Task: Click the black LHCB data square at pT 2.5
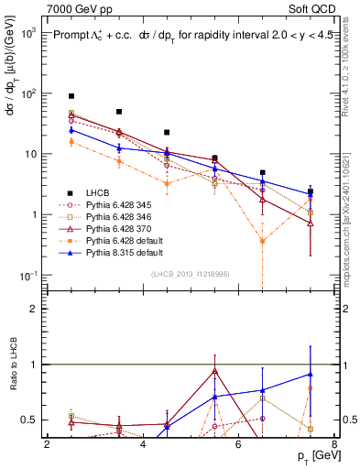click(71, 96)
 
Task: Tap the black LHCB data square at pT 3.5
click(119, 112)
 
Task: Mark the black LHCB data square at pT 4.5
click(167, 132)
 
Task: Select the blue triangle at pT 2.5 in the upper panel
click(71, 130)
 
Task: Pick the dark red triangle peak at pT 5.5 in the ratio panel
click(214, 371)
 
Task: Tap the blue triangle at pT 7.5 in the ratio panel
click(311, 374)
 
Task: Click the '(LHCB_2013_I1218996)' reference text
click(191, 274)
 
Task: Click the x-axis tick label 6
click(239, 444)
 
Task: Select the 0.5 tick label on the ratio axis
click(32, 420)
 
